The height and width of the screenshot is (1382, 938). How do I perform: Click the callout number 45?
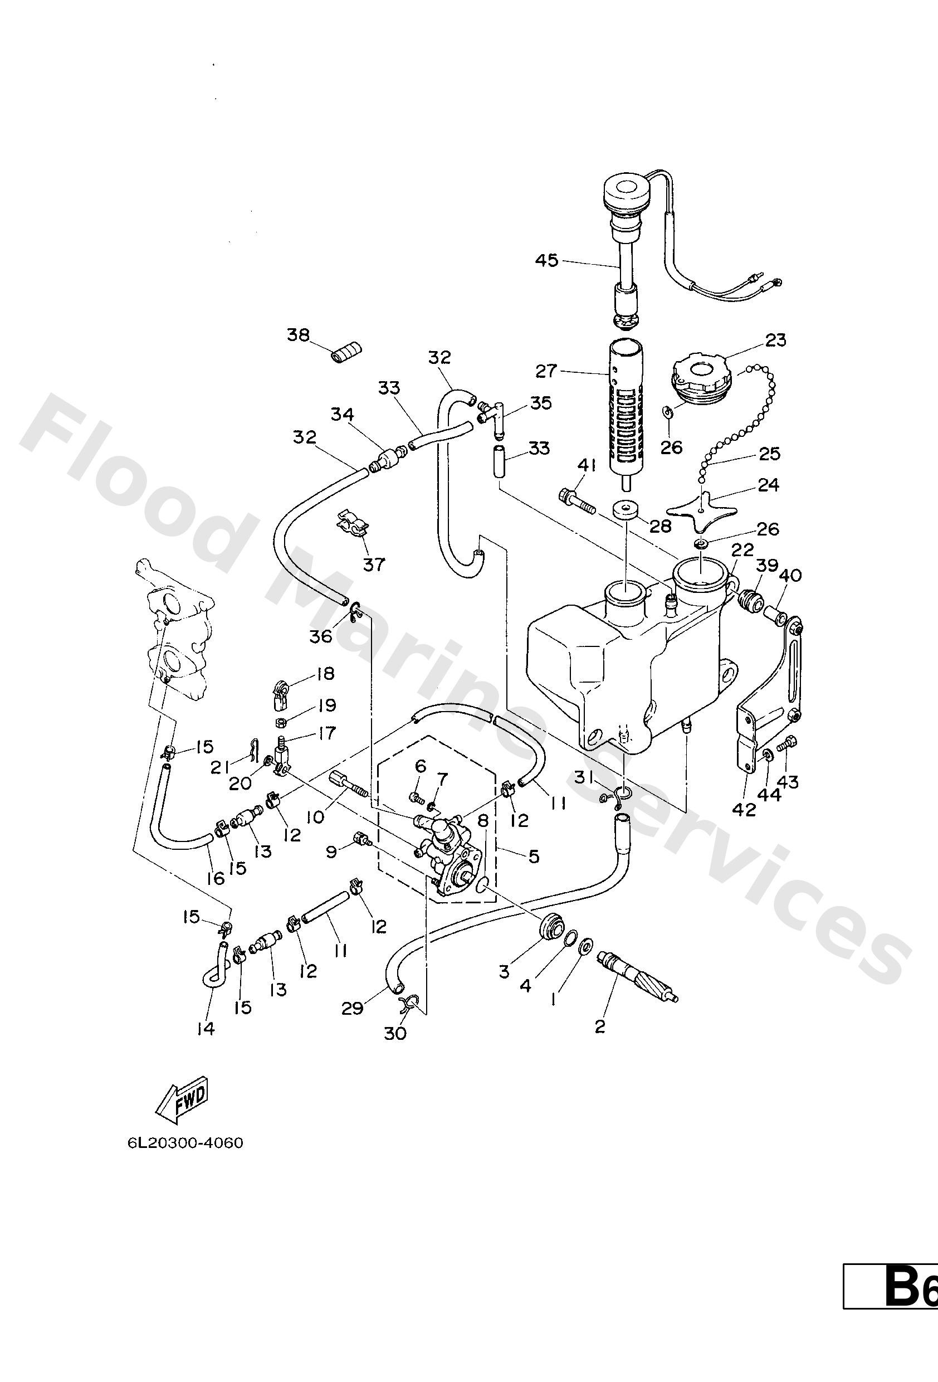click(x=546, y=260)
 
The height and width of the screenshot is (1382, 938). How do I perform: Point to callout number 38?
click(x=299, y=335)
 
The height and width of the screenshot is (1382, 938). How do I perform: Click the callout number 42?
click(x=744, y=809)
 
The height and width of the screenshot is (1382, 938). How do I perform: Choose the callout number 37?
click(x=374, y=565)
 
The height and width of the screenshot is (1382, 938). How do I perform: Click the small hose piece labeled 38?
click(x=346, y=353)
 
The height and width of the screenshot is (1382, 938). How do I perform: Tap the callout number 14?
click(x=205, y=1029)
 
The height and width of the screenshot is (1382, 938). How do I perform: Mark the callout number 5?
click(x=534, y=857)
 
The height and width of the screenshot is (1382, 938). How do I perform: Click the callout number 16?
click(x=216, y=878)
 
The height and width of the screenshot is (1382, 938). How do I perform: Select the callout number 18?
click(x=325, y=674)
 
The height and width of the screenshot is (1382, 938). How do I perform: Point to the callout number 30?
click(x=395, y=1034)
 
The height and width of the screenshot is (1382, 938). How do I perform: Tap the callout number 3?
click(x=504, y=972)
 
